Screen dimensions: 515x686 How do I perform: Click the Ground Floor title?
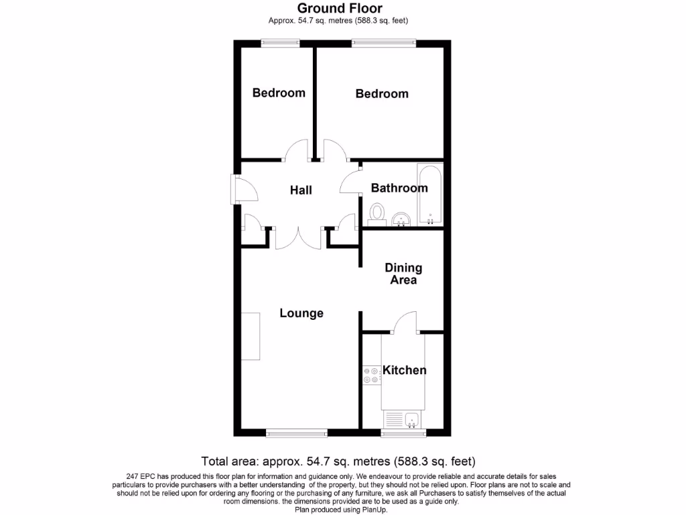[340, 8]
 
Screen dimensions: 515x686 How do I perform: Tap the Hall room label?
[301, 190]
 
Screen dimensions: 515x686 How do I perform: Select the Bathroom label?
[399, 188]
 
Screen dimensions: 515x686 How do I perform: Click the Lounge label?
[301, 313]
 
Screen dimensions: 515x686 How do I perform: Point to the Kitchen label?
[405, 370]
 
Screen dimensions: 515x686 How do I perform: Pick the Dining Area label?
[403, 274]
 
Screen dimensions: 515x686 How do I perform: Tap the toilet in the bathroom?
[376, 213]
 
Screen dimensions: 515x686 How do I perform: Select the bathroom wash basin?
[401, 219]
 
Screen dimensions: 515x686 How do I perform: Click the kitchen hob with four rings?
[371, 376]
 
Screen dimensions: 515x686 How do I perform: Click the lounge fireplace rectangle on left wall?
[251, 336]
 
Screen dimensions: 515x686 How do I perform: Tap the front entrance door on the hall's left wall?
[236, 189]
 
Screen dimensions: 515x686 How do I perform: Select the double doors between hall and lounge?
[299, 237]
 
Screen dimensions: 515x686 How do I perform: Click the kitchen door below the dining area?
[405, 323]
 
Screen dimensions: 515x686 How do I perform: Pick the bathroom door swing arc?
[350, 180]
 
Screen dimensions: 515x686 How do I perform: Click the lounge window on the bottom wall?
[296, 433]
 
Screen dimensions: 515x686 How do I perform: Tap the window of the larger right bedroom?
[383, 44]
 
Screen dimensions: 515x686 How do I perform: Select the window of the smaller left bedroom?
[280, 44]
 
